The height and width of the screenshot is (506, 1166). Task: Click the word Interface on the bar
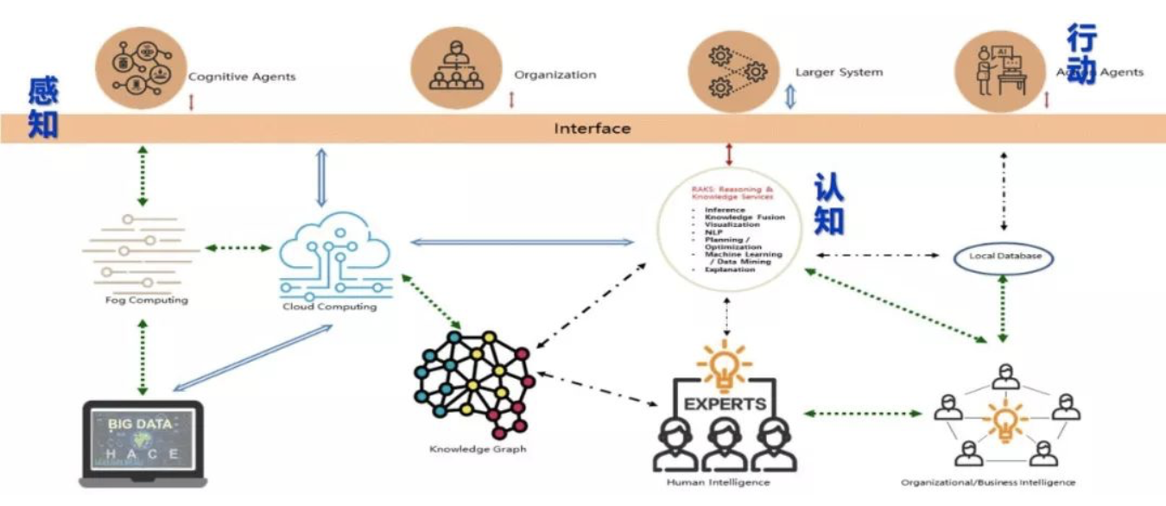pyautogui.click(x=593, y=129)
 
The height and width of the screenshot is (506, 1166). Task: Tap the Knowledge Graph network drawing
pyautogui.click(x=474, y=384)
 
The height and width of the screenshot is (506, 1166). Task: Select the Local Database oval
pyautogui.click(x=1004, y=256)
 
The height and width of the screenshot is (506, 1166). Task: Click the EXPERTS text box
pyautogui.click(x=725, y=403)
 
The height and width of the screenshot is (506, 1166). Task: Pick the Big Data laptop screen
pyautogui.click(x=143, y=440)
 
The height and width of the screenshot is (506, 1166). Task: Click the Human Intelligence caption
pyautogui.click(x=718, y=482)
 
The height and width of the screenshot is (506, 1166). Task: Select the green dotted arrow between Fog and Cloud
pyautogui.click(x=238, y=248)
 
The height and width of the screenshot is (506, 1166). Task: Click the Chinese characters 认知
pyautogui.click(x=829, y=204)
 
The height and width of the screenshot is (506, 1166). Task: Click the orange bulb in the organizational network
pyautogui.click(x=1005, y=421)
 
